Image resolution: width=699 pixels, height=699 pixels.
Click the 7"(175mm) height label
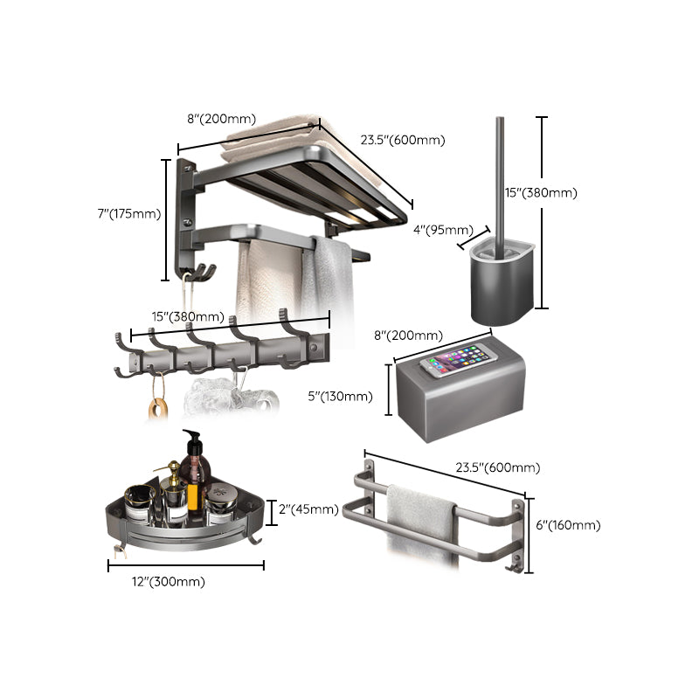tap(128, 213)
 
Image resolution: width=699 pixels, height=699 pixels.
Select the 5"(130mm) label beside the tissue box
tap(342, 397)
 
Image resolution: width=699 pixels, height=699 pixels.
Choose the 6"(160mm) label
tap(569, 525)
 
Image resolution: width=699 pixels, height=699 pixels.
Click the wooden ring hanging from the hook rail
tap(157, 407)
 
